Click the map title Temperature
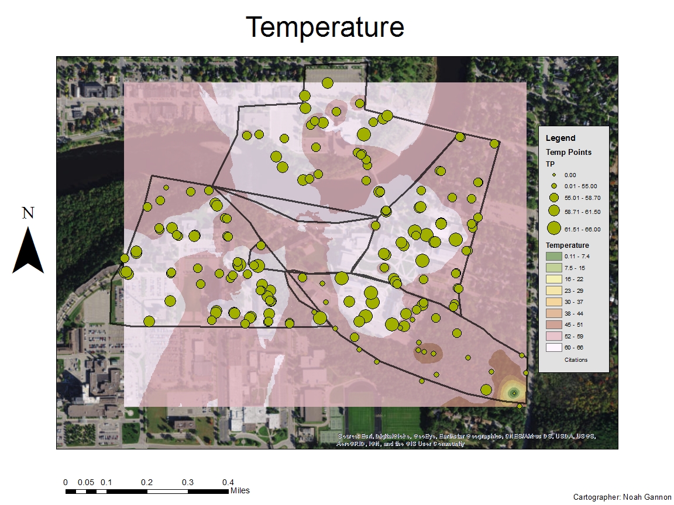tap(325, 27)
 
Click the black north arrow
tap(28, 251)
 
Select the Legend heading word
tap(560, 139)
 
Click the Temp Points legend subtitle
tap(568, 152)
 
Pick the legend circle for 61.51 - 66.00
tap(553, 229)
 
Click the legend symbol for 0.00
tap(553, 175)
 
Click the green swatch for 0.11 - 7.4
tap(553, 257)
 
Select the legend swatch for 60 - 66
tap(553, 347)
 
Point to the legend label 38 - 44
tap(574, 313)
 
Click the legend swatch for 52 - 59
tap(553, 336)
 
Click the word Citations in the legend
tap(576, 359)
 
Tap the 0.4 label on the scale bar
tap(228, 483)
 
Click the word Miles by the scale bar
tap(240, 490)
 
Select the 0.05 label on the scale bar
tap(86, 483)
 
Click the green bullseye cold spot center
tap(514, 393)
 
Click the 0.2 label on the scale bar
tap(147, 483)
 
